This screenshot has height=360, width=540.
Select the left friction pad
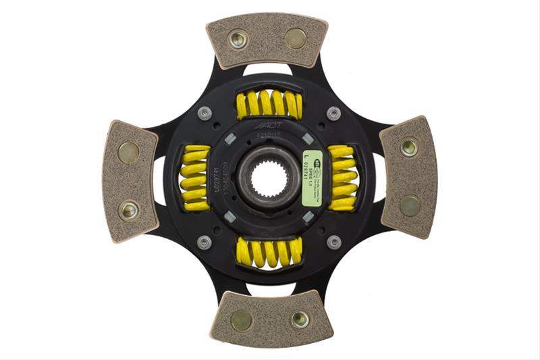point(130,180)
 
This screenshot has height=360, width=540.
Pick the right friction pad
point(408,177)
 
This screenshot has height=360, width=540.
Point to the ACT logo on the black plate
point(267,127)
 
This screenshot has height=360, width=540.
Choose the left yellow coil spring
point(194,178)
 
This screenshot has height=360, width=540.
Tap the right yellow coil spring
point(342,178)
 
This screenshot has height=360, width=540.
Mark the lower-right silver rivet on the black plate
point(333,242)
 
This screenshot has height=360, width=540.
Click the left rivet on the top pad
point(238,38)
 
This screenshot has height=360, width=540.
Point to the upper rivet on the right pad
point(408,147)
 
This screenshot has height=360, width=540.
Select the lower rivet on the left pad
point(128,210)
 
